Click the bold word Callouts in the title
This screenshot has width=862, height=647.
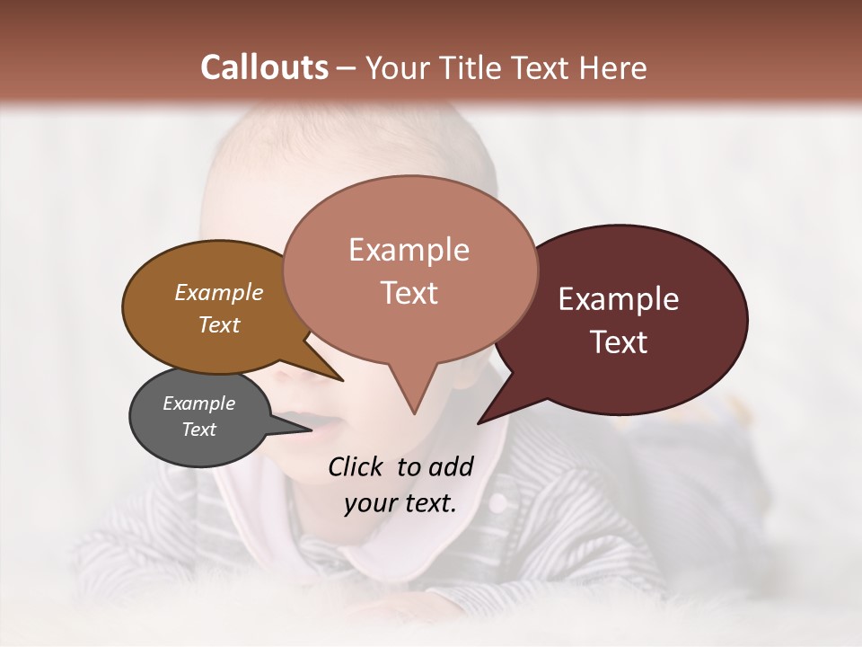(264, 67)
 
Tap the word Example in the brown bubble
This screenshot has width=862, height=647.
(218, 292)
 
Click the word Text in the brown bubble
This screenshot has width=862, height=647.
(218, 324)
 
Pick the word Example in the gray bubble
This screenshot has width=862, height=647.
(198, 403)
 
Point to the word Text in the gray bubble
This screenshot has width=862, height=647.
(198, 430)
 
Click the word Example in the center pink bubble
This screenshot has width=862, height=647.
(409, 250)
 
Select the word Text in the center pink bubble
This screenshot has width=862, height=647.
(409, 293)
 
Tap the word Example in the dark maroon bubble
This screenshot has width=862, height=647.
(618, 299)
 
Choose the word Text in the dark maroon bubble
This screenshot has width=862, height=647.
(618, 341)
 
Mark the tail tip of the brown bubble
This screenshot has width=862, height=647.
(342, 380)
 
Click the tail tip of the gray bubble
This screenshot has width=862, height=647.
(310, 429)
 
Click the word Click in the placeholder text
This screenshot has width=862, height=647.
(356, 466)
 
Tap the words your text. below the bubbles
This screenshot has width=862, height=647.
(400, 503)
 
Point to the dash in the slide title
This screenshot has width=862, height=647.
(347, 68)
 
